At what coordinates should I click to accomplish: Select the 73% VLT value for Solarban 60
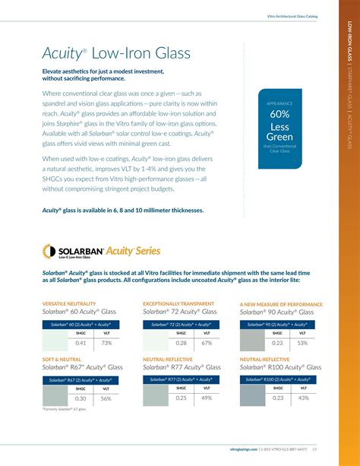click(107, 343)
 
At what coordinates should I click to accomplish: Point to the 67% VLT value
click(207, 343)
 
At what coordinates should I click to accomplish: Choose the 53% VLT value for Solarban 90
click(303, 343)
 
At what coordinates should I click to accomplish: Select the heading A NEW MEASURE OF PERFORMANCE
click(281, 303)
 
